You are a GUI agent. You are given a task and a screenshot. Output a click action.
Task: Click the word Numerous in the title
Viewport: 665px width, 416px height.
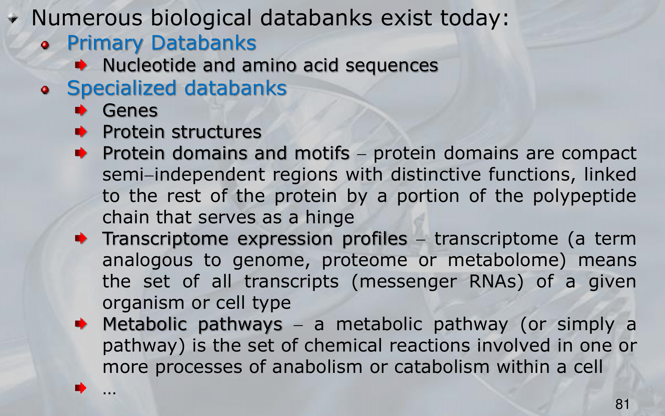pos(87,18)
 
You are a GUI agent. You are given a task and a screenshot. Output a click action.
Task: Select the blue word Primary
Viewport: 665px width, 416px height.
pos(105,43)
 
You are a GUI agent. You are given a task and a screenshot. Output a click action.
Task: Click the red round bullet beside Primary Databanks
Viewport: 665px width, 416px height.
pos(45,45)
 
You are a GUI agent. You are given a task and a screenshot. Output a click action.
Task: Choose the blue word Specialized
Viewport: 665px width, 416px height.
pos(121,88)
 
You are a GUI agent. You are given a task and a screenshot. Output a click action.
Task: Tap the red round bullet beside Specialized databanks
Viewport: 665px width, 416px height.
pos(45,90)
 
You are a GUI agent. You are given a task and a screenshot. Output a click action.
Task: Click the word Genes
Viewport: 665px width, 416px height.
pos(130,110)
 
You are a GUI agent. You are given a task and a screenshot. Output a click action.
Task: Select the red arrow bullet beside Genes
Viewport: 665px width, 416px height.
pos(81,110)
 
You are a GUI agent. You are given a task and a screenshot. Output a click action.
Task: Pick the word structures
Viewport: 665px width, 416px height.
pos(216,132)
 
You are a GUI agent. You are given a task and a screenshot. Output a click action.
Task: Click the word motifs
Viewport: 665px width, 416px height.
pos(322,153)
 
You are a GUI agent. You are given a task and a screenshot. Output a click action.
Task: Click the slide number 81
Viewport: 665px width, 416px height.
pos(622,404)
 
